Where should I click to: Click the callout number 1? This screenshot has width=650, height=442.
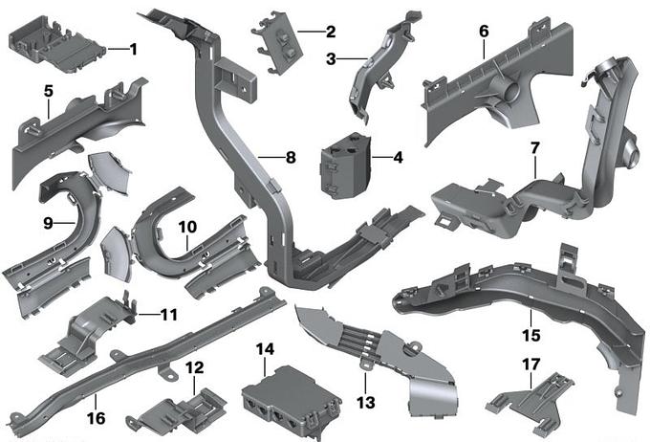coord(133,50)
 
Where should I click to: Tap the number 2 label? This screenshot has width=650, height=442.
coord(331,32)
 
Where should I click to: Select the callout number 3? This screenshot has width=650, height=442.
coord(331,59)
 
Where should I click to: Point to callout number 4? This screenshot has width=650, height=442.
coord(398,157)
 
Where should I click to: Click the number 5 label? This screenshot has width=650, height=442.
coord(49,91)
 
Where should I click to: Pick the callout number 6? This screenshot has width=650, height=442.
coord(484,32)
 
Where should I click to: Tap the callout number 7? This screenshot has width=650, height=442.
coord(534,148)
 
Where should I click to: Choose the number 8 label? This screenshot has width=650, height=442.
coord(291,157)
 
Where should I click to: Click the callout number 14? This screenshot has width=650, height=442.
coord(265,349)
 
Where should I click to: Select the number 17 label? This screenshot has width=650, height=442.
coord(531,365)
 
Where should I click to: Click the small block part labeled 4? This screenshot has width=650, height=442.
coord(345,166)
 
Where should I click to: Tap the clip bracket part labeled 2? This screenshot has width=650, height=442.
coord(277,43)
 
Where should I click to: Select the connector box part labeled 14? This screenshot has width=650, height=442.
coord(292,402)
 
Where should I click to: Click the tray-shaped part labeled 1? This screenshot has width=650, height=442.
coord(56,45)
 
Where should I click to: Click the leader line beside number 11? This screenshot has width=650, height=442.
coord(147,315)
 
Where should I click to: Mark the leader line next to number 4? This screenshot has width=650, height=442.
coord(381,157)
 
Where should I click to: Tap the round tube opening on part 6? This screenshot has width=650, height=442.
coord(511,91)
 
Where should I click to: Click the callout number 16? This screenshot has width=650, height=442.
coord(96,418)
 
